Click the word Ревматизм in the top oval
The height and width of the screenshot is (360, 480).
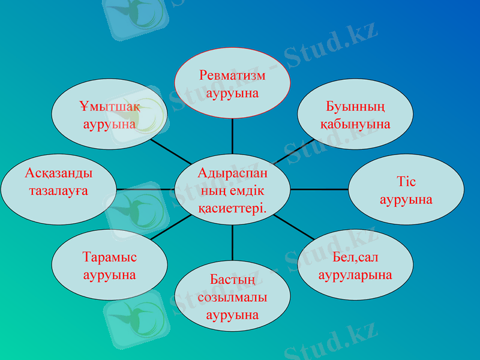(x=232, y=76)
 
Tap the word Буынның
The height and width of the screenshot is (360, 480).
(x=355, y=107)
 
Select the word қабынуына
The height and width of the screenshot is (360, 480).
(x=355, y=124)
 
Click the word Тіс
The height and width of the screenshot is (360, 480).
(x=406, y=181)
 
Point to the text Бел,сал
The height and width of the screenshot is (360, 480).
(x=355, y=258)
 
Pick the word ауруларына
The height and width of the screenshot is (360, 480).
(x=355, y=275)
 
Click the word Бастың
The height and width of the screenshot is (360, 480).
(x=233, y=280)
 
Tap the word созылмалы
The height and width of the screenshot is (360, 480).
(x=232, y=297)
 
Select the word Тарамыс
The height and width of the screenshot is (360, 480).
(x=109, y=257)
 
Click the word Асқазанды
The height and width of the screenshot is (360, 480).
(x=59, y=173)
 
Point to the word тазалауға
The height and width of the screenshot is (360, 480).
(x=59, y=191)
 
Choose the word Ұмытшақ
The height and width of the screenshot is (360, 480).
(x=109, y=107)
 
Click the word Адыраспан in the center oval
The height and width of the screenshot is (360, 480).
(x=233, y=173)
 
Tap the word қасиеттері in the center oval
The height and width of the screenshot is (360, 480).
(x=232, y=208)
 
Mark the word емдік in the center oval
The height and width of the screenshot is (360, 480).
(x=245, y=191)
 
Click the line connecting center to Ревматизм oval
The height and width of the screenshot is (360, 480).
(x=232, y=136)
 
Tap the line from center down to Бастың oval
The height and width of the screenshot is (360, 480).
(x=232, y=243)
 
